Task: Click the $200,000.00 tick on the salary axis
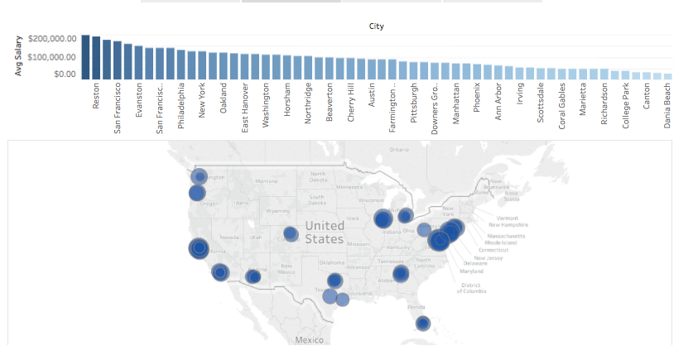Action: pyautogui.click(x=52, y=38)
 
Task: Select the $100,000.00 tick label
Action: pyautogui.click(x=52, y=56)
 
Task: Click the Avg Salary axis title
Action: pyautogui.click(x=17, y=55)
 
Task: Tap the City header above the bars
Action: pyautogui.click(x=377, y=26)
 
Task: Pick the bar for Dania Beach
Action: pyautogui.click(x=667, y=75)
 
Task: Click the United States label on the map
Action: pyautogui.click(x=323, y=232)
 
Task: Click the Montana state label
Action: pyautogui.click(x=267, y=180)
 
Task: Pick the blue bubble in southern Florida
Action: pyautogui.click(x=422, y=324)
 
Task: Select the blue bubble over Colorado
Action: pyautogui.click(x=291, y=234)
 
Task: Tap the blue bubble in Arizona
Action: pyautogui.click(x=253, y=276)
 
